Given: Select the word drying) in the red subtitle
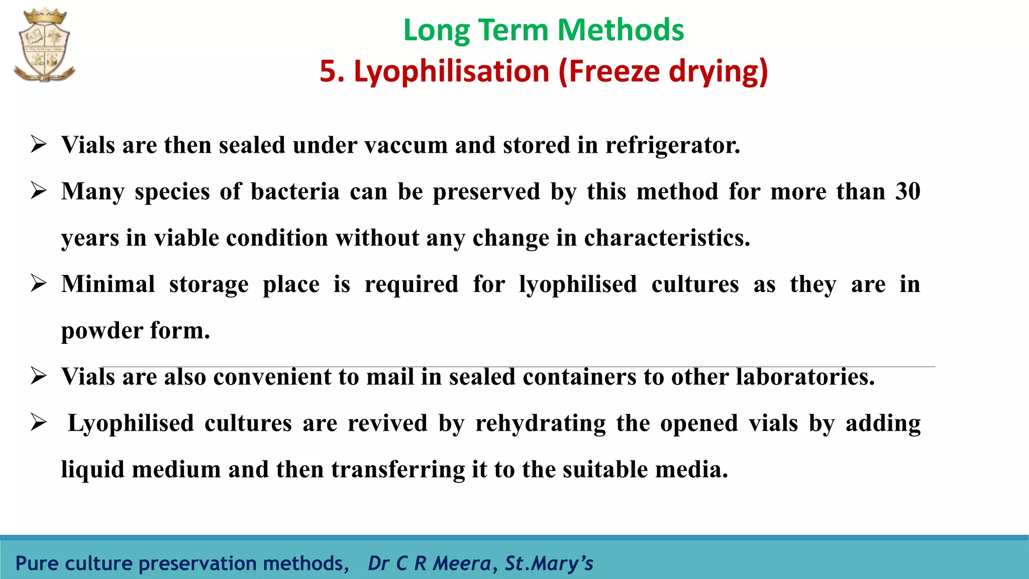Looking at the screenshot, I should pos(718,71).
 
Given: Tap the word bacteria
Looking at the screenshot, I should pos(295,191).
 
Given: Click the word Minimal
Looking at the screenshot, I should pos(108,284).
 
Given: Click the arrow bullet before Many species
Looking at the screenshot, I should pos(39,190).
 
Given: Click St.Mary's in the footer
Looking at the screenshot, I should pos(549,563).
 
